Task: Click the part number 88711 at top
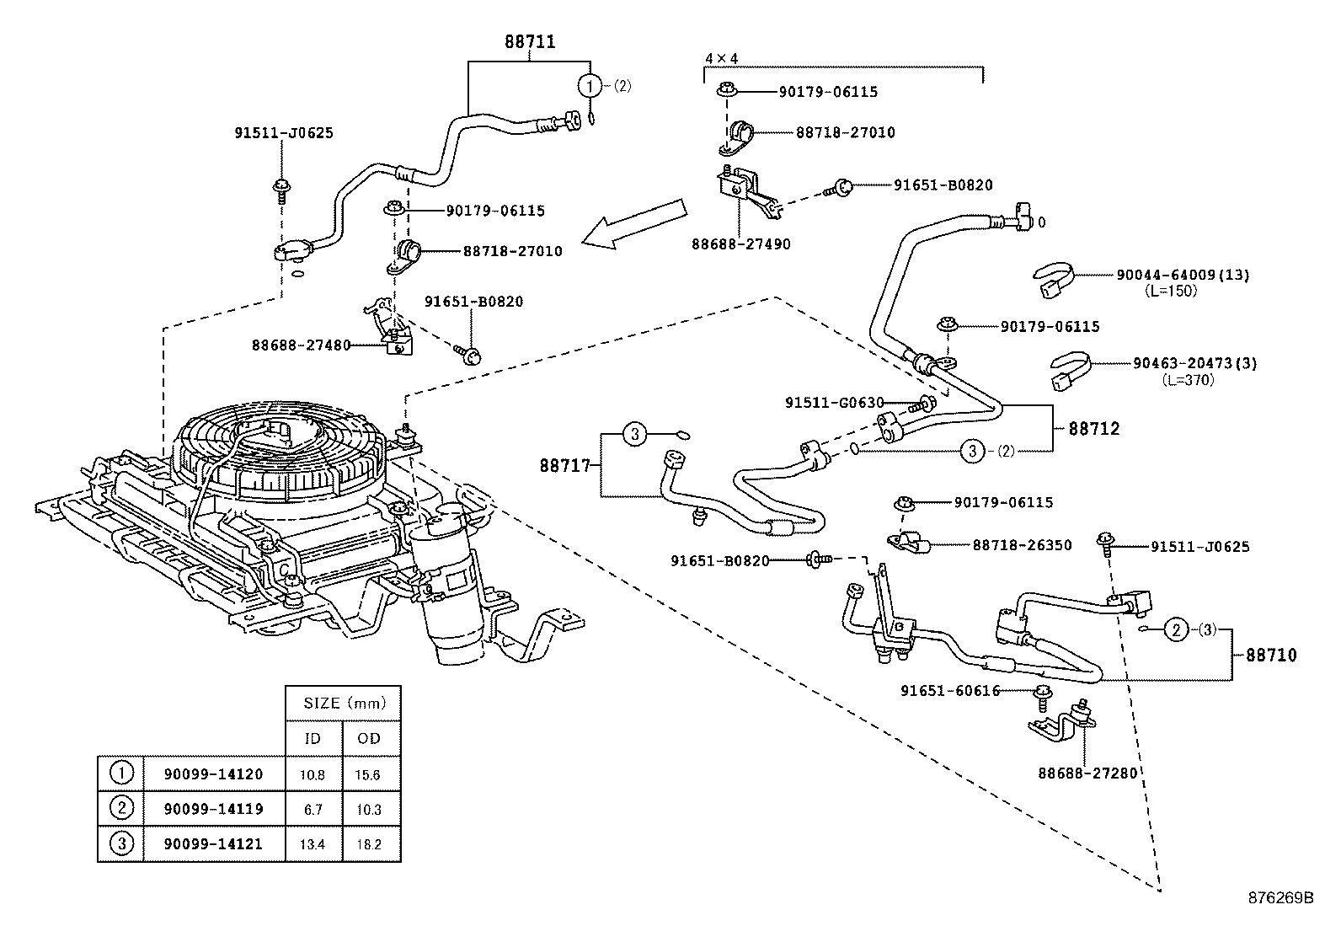(530, 41)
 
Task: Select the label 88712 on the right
(1094, 429)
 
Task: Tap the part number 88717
(565, 465)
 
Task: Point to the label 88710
(1271, 655)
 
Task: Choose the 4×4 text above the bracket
(720, 58)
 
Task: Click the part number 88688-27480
(301, 345)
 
